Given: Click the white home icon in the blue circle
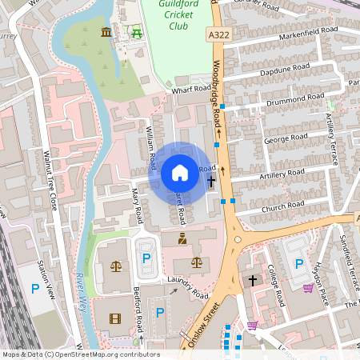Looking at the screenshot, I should (x=180, y=173).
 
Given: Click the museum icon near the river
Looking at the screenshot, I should (x=106, y=32).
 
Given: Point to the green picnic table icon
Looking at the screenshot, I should (x=136, y=33).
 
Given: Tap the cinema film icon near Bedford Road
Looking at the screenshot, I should (x=115, y=318).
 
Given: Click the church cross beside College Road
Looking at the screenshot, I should (x=254, y=280).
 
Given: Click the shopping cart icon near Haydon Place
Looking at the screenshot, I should (x=309, y=288).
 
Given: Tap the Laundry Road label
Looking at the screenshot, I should (x=189, y=279).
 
